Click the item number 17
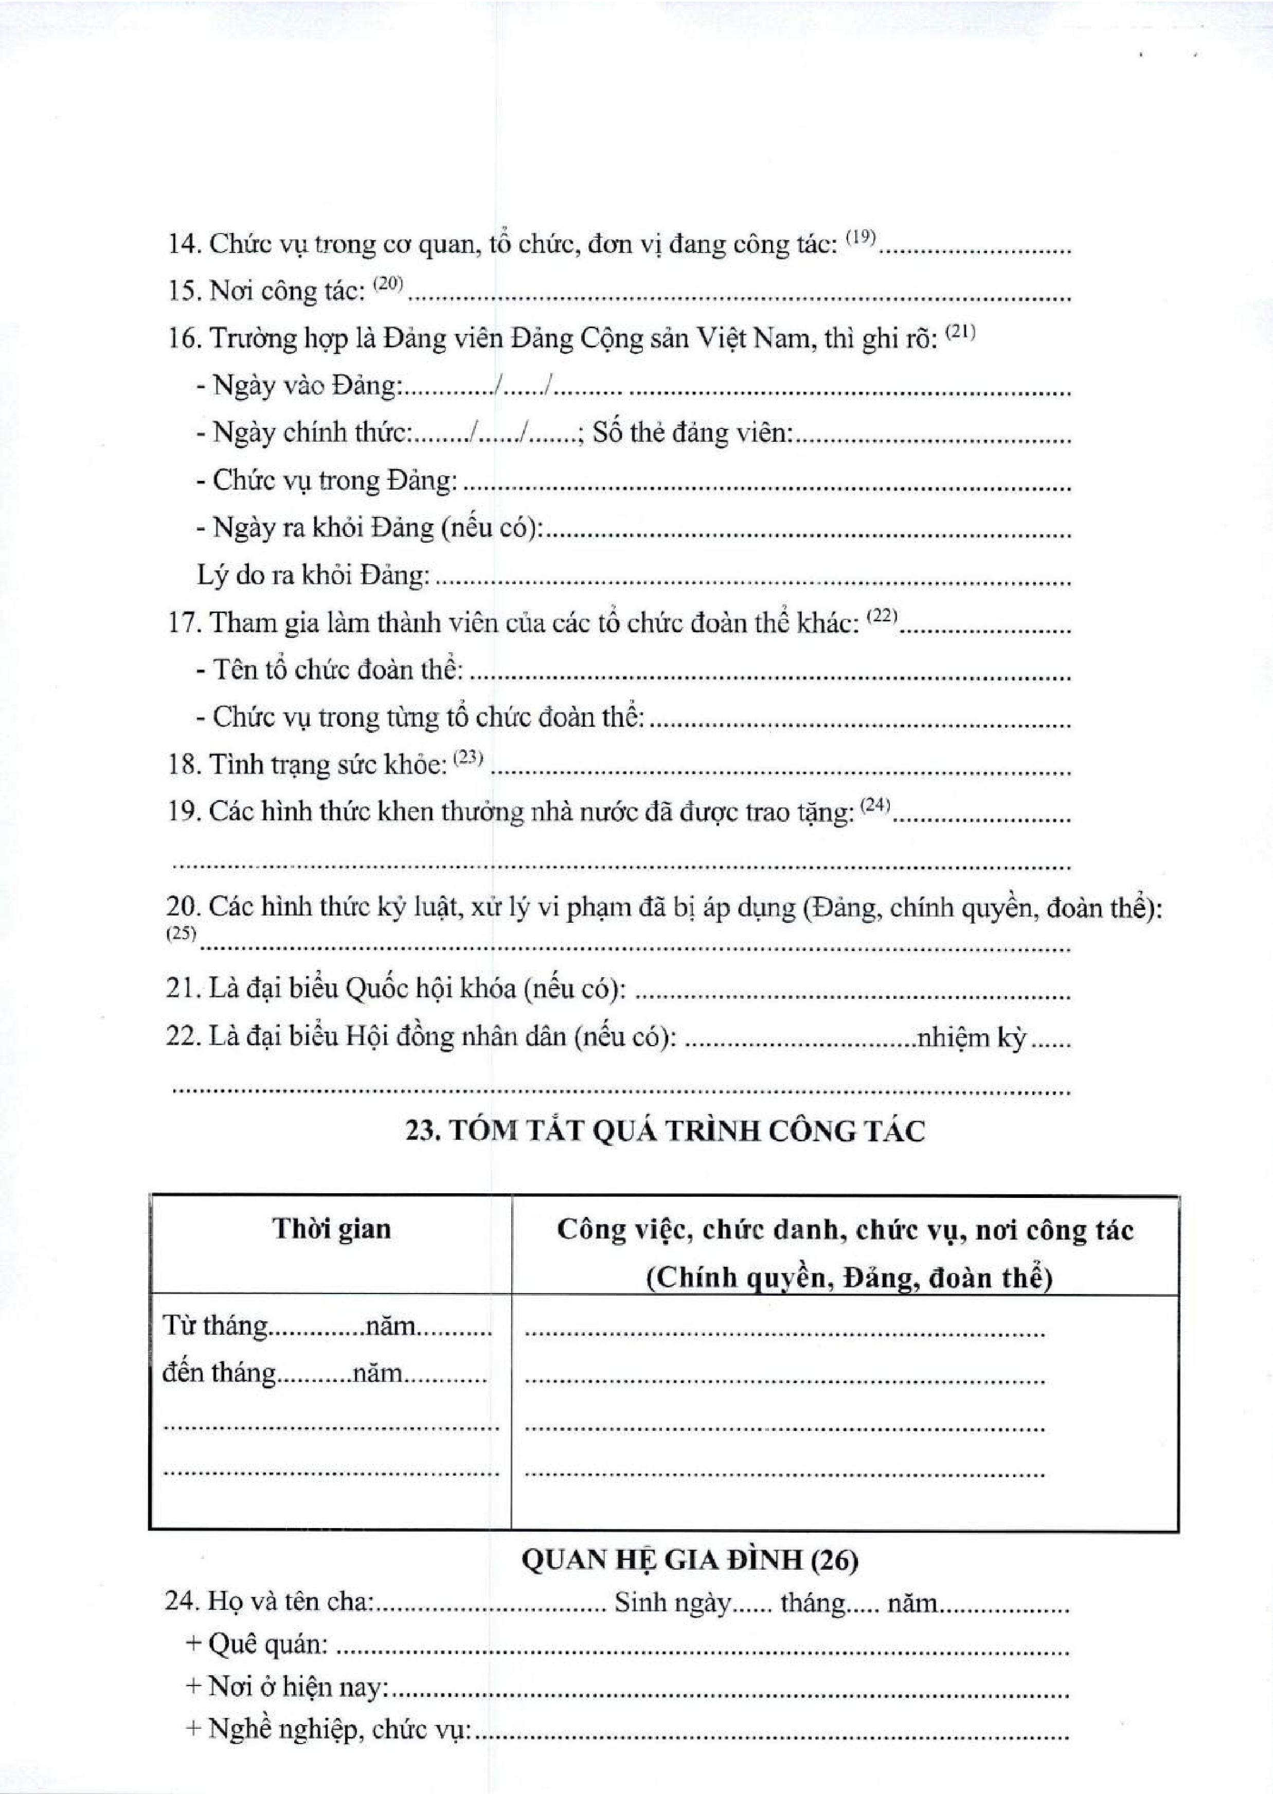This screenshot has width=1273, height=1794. [184, 624]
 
